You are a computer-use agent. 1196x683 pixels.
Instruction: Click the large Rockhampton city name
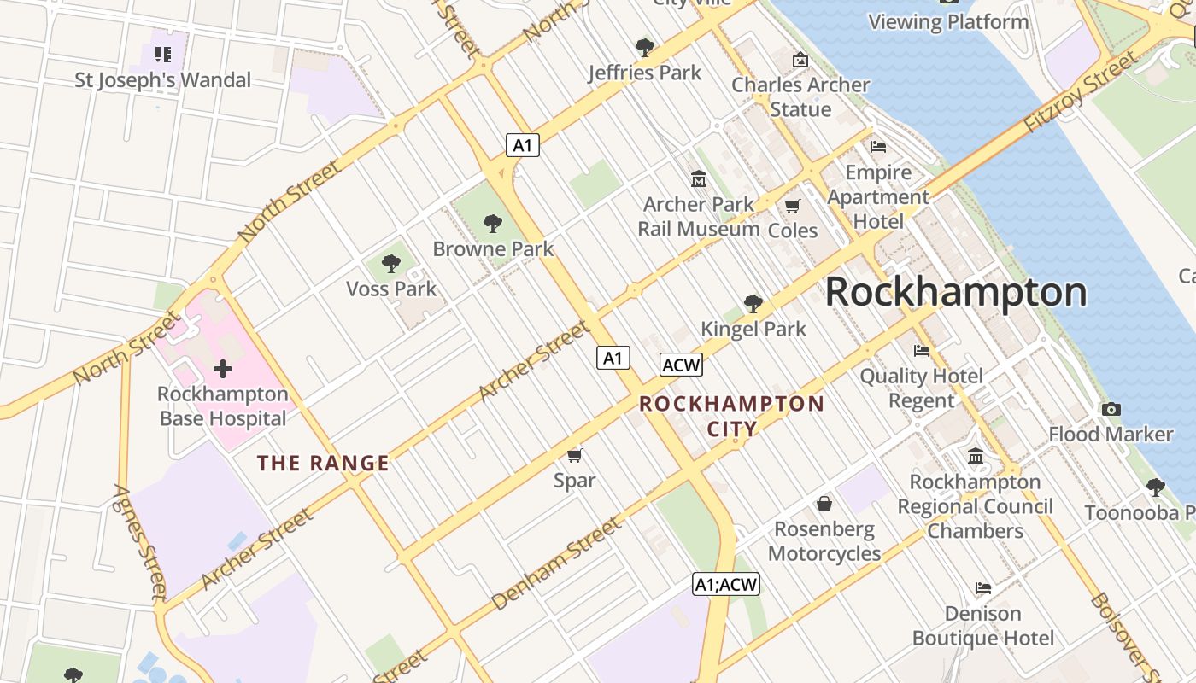955,292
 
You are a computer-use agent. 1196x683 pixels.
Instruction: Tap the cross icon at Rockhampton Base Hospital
223,369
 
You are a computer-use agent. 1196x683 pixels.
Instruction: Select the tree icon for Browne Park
492,224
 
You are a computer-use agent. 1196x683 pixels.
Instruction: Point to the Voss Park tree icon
391,264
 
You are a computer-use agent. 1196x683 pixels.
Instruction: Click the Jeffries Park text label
644,73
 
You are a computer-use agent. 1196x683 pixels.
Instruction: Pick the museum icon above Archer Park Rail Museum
699,179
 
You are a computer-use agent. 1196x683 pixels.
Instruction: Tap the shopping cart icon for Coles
793,206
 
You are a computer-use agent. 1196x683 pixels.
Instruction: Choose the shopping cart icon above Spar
575,455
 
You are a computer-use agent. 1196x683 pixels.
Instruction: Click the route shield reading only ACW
681,365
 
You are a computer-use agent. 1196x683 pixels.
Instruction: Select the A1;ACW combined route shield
725,584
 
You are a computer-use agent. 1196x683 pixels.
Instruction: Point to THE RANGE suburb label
323,464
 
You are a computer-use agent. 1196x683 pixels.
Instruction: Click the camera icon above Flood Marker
1111,409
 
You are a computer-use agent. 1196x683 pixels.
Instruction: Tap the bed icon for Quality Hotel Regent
921,350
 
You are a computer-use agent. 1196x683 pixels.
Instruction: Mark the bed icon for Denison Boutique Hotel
983,588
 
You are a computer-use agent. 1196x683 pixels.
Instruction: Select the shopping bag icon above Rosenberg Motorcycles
824,504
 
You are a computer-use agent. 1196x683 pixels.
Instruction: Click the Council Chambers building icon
976,457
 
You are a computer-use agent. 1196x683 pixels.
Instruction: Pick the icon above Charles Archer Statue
800,60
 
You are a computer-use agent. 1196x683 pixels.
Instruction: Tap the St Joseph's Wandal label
162,80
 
